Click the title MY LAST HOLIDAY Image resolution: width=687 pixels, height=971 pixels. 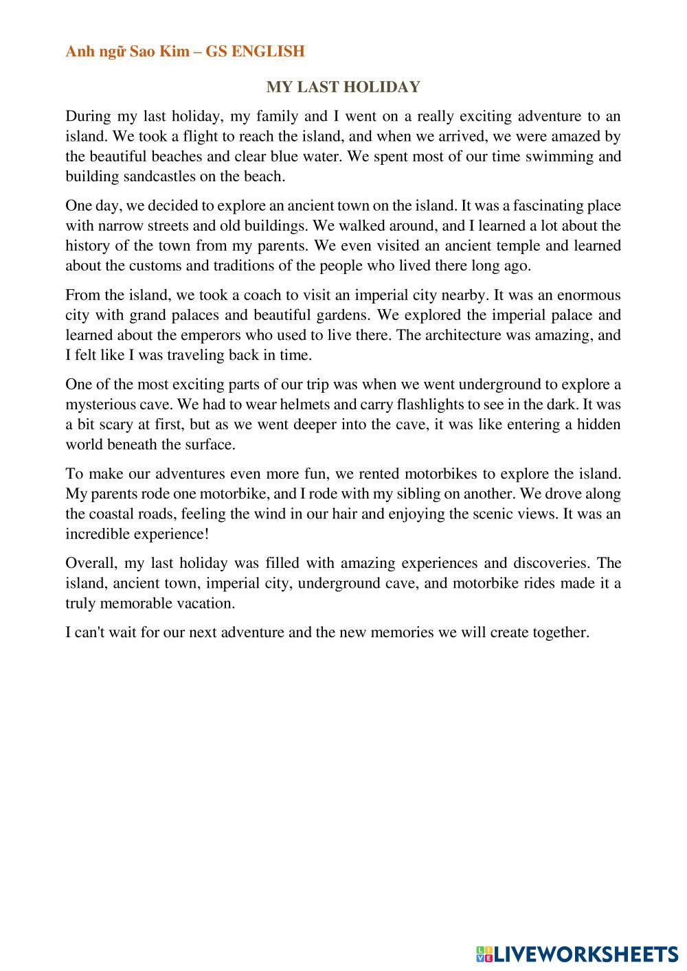pyautogui.click(x=343, y=87)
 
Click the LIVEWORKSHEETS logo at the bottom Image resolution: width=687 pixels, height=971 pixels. pyautogui.click(x=577, y=953)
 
